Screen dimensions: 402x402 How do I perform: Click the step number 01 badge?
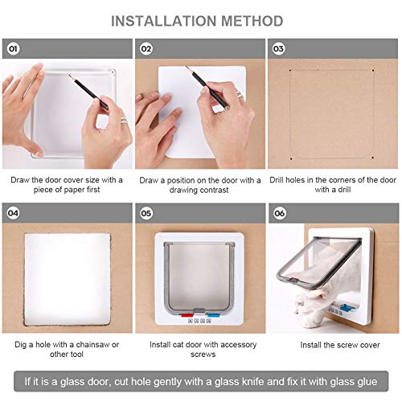coord(13,49)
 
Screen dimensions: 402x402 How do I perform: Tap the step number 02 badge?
coord(146,49)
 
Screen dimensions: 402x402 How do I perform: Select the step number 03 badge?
coord(278,49)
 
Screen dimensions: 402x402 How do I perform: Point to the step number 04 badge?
coord(13,213)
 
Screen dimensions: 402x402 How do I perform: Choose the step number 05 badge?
coord(146,213)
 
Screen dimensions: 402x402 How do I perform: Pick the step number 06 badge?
coord(279,213)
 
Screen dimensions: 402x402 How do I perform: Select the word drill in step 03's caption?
coord(344,190)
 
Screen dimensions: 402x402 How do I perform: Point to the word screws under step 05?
coord(203,355)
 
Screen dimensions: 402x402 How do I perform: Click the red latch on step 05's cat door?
coord(187,315)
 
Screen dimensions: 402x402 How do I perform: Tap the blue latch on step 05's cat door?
coord(212,315)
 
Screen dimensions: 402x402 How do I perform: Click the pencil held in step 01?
coord(88,92)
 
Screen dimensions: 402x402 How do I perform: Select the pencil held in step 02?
coord(207,88)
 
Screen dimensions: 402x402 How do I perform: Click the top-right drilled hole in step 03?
coord(373,71)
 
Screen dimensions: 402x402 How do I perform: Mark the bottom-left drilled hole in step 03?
coord(291,158)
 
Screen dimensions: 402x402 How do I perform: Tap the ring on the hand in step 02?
coord(240,94)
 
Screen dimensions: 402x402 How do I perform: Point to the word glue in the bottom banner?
coord(367,381)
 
